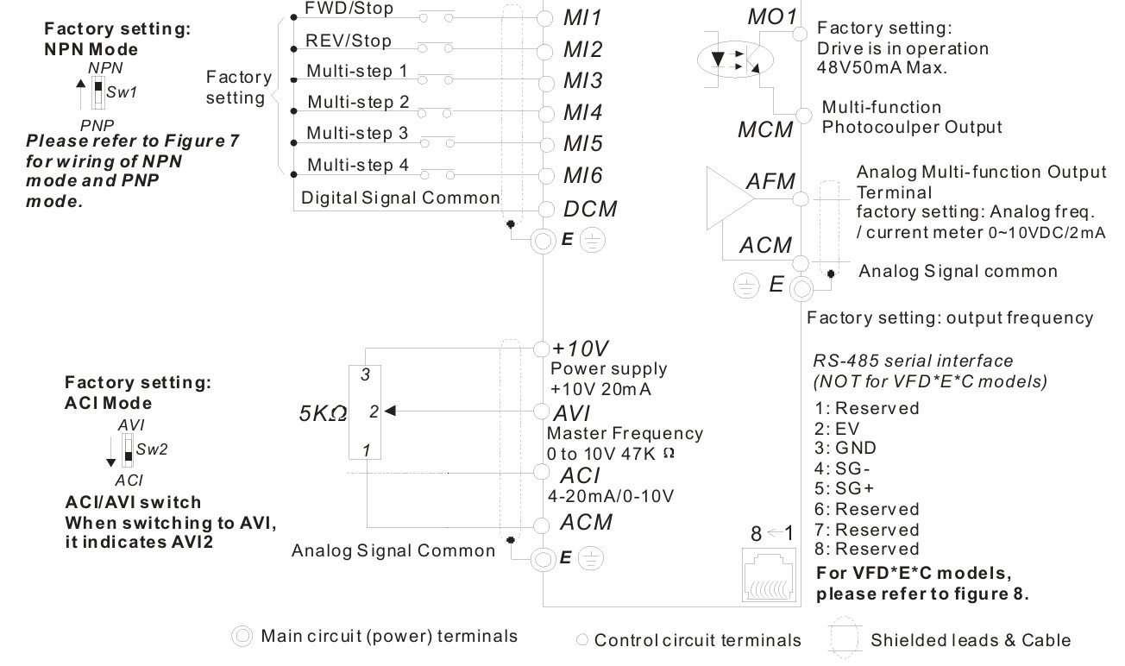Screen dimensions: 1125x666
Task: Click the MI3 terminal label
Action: pos(582,81)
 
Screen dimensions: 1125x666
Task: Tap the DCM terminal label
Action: pos(590,209)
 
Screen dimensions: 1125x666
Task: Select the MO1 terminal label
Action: pos(772,16)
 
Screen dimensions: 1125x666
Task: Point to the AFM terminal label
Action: pos(770,181)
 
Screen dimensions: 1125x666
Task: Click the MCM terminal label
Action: pos(765,129)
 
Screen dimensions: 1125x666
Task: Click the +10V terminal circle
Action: pos(542,349)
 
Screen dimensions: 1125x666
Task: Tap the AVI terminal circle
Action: pos(542,412)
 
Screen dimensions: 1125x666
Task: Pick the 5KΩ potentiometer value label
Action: pos(323,413)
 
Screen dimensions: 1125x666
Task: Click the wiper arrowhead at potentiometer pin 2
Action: pos(390,411)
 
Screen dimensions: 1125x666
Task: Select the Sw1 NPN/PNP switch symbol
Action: pos(98,92)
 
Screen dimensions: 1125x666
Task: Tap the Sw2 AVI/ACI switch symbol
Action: pos(128,450)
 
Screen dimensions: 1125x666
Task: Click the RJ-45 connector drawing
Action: pos(769,575)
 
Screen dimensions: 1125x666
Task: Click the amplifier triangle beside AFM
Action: pos(730,198)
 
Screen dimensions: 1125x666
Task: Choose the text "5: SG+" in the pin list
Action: pos(845,488)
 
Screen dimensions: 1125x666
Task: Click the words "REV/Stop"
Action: pos(349,41)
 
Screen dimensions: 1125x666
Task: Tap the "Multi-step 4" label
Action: pos(358,165)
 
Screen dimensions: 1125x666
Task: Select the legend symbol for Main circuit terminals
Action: pos(242,637)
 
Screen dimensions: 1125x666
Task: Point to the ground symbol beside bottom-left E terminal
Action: pos(591,558)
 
